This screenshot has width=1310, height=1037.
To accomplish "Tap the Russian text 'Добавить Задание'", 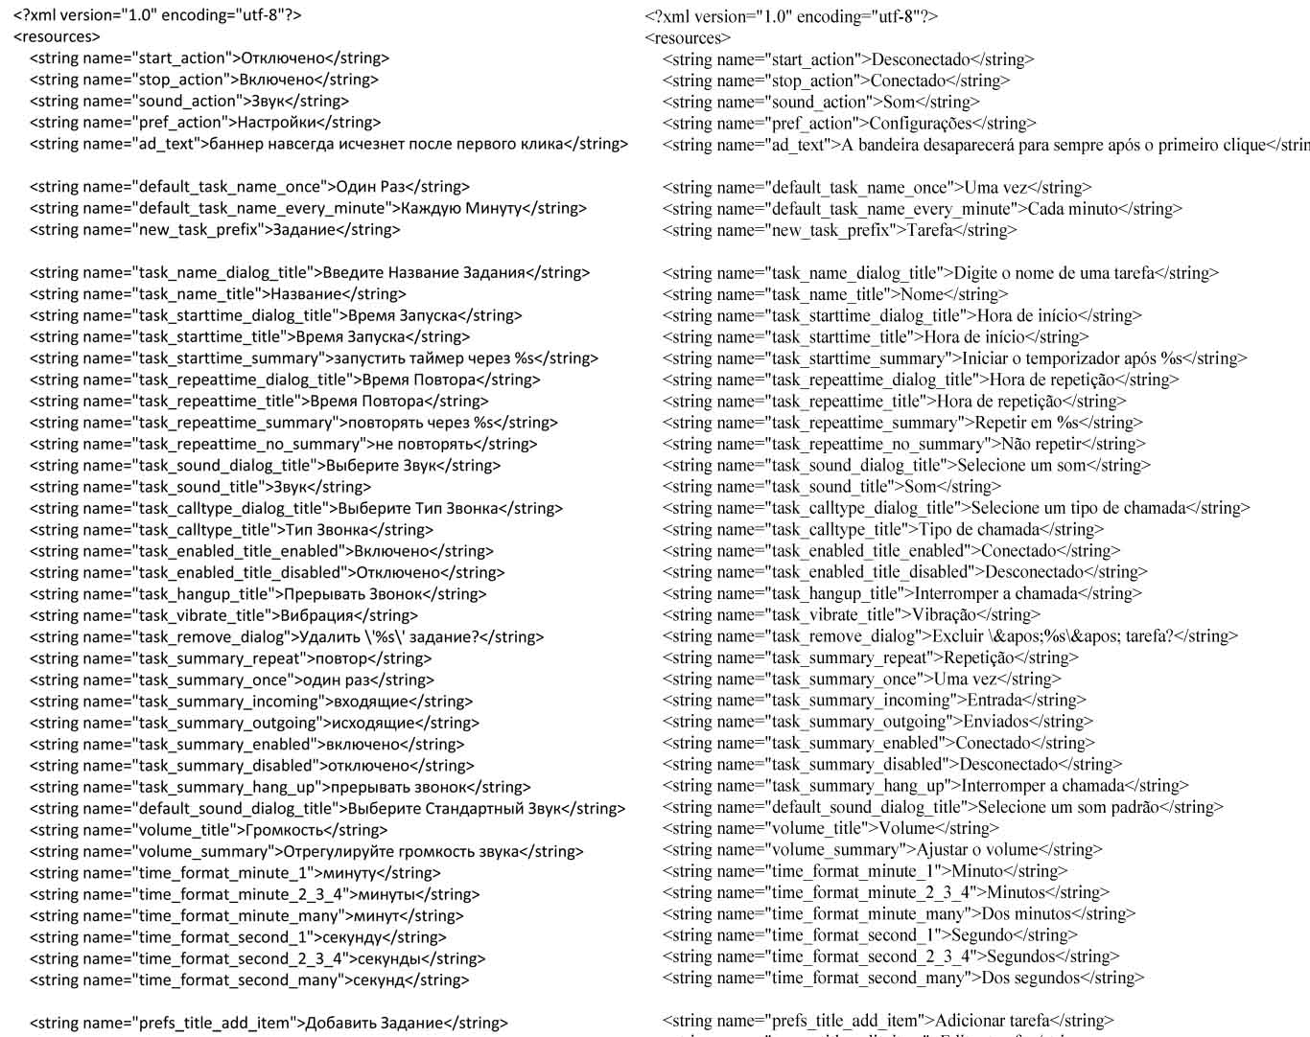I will pyautogui.click(x=374, y=1023).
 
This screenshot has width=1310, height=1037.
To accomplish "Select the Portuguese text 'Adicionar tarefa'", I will pyautogui.click(x=992, y=1021).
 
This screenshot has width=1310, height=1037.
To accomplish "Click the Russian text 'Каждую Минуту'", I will pyautogui.click(x=461, y=208).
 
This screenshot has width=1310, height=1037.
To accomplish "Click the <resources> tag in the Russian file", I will pyautogui.click(x=57, y=36).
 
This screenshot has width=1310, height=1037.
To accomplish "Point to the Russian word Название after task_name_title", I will pyautogui.click(x=306, y=294).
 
